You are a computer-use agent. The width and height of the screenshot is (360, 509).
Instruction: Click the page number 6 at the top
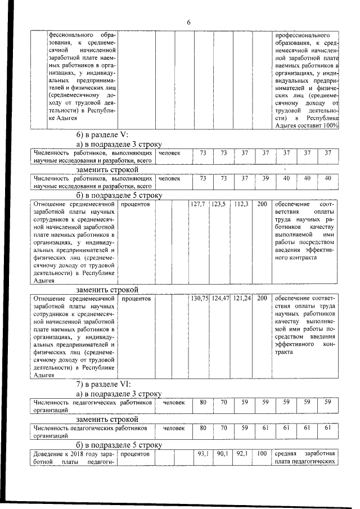click(189, 22)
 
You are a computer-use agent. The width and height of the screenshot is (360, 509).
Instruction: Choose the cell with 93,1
click(203, 453)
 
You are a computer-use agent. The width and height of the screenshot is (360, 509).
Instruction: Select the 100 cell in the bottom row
click(262, 453)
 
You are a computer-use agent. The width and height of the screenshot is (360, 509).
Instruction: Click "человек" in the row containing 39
click(170, 178)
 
